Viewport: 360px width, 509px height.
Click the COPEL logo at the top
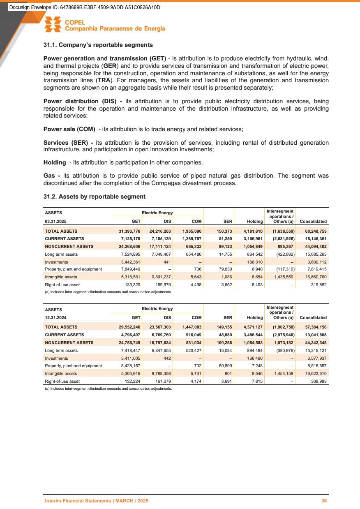coord(105,25)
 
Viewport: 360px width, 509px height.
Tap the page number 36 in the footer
coord(324,501)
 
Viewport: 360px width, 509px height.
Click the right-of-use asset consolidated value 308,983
coord(318,380)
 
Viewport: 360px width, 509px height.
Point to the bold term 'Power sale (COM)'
coord(69,129)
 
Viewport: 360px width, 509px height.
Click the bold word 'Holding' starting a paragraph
coord(55,162)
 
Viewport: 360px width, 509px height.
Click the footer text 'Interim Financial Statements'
coord(78,501)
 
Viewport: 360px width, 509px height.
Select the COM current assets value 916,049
coord(192,335)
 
